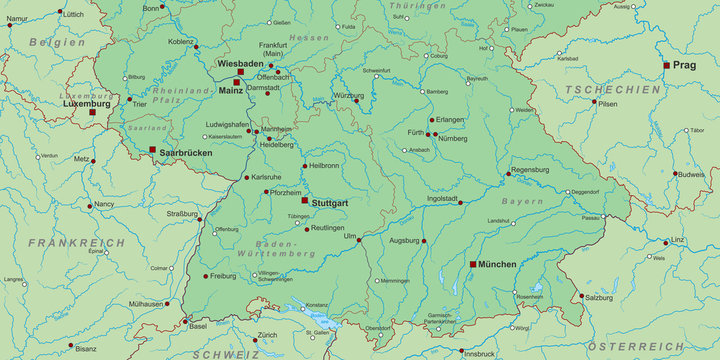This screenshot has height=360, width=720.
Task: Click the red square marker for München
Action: (473, 264)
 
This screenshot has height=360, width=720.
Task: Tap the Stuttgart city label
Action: (330, 203)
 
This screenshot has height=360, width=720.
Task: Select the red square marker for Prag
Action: (667, 65)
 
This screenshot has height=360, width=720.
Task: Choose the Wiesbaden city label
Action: (239, 62)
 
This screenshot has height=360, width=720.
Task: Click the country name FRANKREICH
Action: (77, 243)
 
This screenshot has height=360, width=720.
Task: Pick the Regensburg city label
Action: (530, 170)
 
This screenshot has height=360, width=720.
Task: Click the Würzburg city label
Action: (348, 96)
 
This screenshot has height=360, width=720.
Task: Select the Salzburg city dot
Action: (581, 295)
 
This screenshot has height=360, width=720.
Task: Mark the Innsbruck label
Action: (479, 353)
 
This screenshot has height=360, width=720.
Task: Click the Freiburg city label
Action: (223, 275)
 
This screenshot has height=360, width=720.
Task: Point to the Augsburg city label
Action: (404, 240)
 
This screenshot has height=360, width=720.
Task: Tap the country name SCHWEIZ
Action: (227, 353)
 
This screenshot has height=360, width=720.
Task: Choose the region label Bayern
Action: (522, 201)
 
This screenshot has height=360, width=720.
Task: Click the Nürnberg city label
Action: (453, 139)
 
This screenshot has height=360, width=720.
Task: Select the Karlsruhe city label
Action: (267, 177)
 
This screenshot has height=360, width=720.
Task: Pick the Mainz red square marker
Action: (238, 83)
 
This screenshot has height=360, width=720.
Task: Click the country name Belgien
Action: (56, 42)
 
